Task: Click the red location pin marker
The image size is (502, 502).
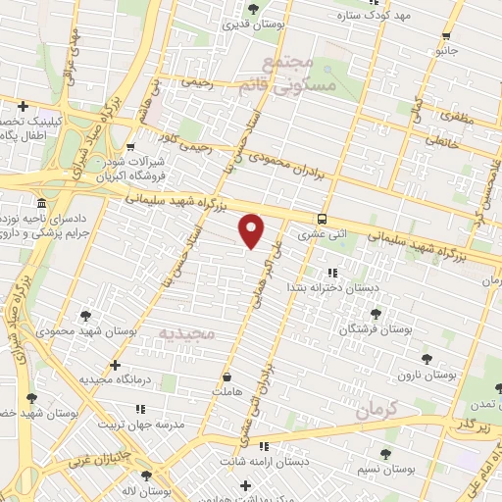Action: click(x=252, y=229)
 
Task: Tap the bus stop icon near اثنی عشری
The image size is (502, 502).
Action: click(x=323, y=219)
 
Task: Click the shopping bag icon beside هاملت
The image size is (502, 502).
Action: click(x=227, y=376)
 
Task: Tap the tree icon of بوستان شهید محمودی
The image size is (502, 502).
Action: click(x=85, y=316)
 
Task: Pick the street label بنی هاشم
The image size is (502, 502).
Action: click(x=150, y=109)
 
